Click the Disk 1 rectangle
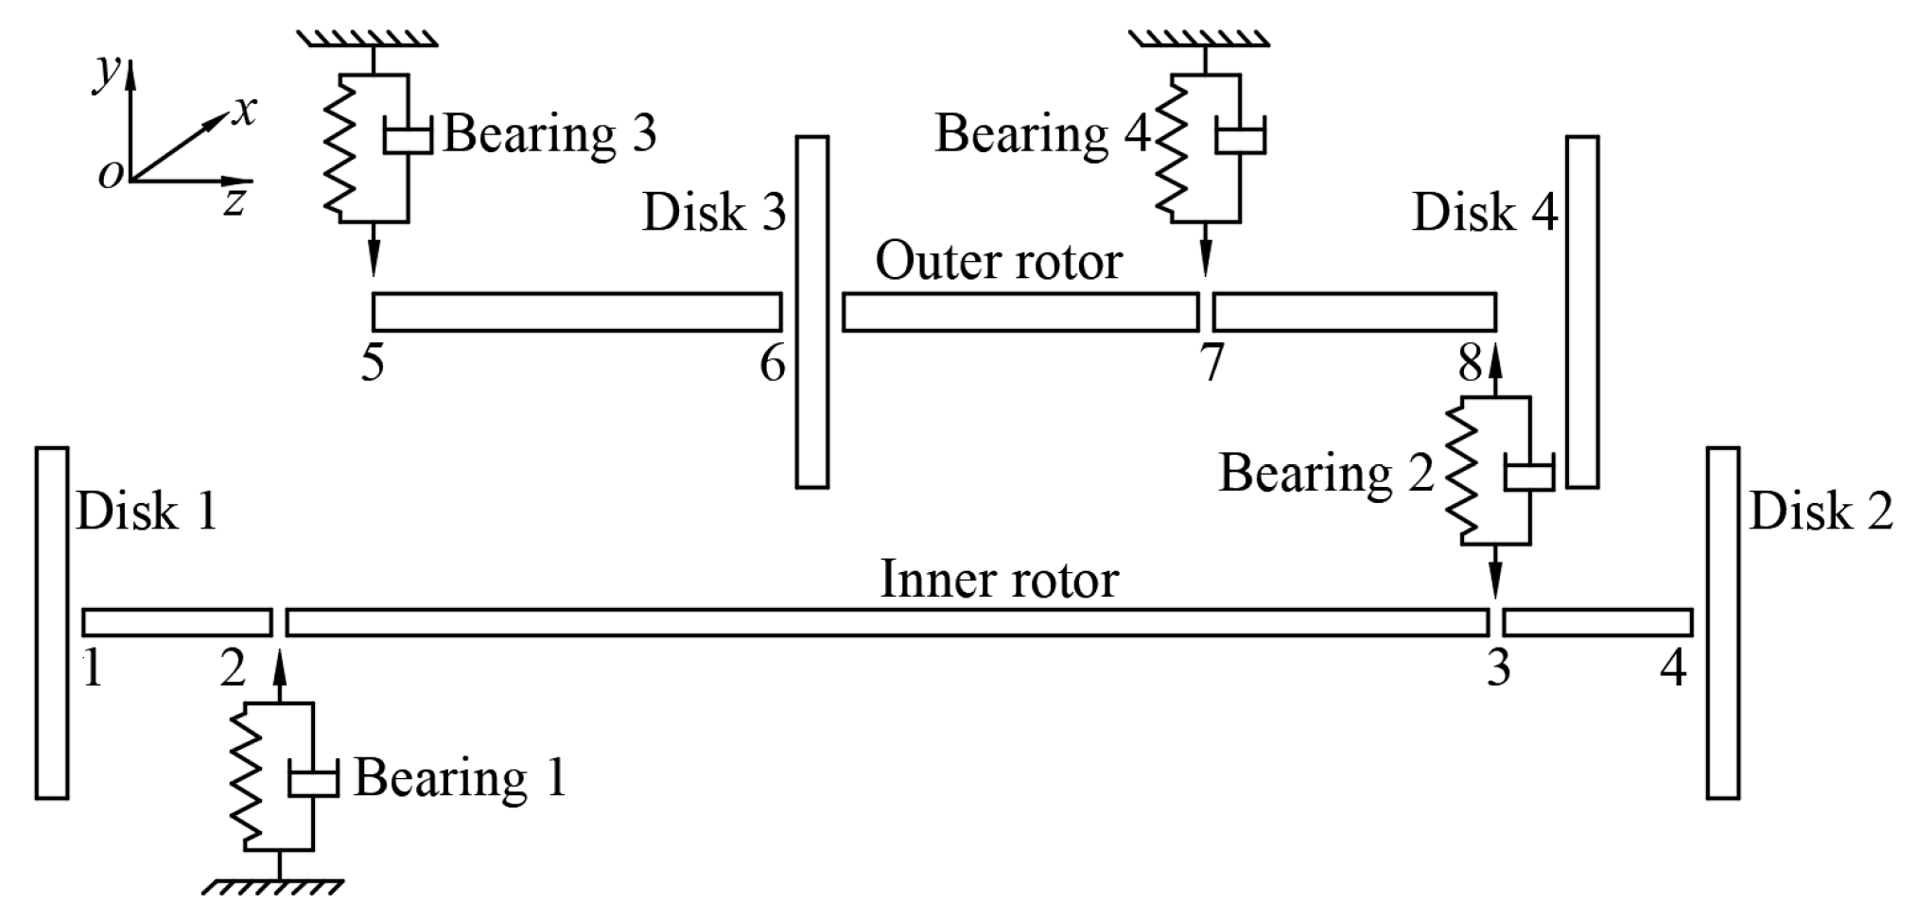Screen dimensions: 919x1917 tap(52, 623)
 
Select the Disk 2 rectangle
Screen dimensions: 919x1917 tap(1722, 623)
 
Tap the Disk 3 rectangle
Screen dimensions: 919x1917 tap(811, 312)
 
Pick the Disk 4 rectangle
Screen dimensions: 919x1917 tap(1582, 312)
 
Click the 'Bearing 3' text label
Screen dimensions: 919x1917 tap(549, 134)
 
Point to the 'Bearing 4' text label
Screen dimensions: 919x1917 tap(1041, 134)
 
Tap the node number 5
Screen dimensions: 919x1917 tap(373, 363)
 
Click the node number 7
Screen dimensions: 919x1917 tap(1211, 363)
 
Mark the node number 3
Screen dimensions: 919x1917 tap(1498, 668)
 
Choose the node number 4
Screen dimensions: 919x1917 tap(1673, 668)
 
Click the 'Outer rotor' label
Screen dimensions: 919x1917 tap(998, 261)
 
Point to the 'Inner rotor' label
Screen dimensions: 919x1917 tap(999, 579)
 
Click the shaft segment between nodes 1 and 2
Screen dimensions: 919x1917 tap(177, 623)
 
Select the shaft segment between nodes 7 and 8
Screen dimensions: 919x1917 tap(1354, 312)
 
